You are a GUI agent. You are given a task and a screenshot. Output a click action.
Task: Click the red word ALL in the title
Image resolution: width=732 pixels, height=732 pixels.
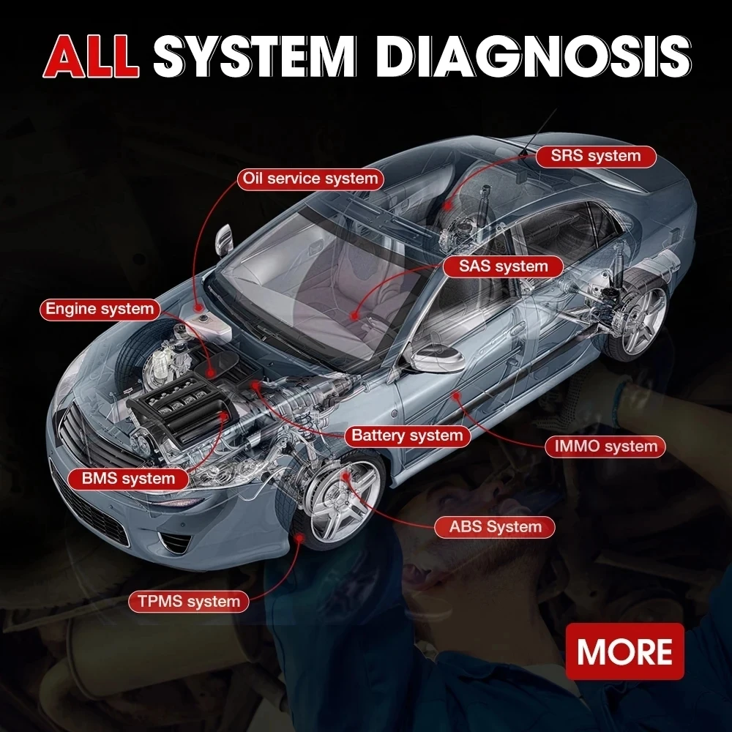point(91,56)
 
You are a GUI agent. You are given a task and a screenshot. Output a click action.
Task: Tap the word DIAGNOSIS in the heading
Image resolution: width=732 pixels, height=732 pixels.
point(533,56)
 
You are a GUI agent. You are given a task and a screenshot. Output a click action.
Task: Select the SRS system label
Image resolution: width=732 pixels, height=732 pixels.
point(596,157)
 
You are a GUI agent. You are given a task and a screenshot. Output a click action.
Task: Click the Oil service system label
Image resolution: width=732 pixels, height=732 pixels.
point(310,179)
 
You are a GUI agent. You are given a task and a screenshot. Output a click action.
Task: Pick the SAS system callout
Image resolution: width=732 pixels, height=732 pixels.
point(503,266)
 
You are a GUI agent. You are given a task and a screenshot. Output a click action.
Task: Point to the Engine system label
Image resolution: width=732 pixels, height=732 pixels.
point(100,310)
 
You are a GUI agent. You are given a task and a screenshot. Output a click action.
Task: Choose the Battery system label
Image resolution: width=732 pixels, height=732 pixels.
point(407,436)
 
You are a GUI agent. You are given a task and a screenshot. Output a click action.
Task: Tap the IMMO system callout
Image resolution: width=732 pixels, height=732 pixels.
point(605,447)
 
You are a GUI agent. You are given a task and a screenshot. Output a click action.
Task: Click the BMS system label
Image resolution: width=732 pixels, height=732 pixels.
point(128,479)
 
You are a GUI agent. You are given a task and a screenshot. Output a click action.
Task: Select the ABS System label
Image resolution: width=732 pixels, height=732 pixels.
point(495,527)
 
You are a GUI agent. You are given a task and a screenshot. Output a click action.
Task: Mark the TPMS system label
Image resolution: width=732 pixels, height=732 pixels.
point(189,601)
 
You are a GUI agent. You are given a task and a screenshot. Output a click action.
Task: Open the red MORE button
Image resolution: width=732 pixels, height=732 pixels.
point(624,651)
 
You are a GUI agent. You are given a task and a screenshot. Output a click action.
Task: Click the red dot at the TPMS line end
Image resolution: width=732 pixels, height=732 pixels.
point(299,538)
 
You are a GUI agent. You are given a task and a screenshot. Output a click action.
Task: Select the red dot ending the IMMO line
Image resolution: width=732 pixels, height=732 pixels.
point(456,396)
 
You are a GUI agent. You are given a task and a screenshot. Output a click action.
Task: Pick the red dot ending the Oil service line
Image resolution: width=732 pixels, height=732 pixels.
point(199,307)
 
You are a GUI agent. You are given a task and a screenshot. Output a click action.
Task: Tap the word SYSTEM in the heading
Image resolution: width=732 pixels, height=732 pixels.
point(255,56)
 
